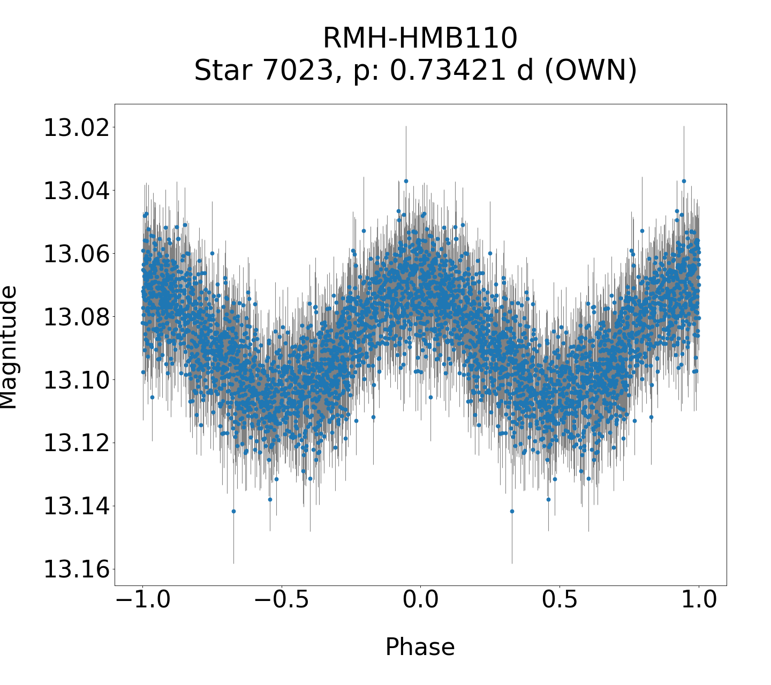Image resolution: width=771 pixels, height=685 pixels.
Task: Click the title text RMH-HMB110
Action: (420, 39)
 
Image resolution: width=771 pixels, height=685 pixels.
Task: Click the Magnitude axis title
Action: (9, 347)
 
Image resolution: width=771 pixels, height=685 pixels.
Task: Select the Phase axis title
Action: (420, 647)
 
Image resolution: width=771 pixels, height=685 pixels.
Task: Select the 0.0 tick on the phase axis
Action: (420, 600)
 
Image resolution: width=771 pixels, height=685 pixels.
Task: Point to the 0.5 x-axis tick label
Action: (560, 600)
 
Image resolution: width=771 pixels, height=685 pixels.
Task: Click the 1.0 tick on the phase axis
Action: (699, 600)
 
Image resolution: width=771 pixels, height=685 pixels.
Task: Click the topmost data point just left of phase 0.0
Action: (406, 181)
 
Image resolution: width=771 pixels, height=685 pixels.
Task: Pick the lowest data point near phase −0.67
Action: (233, 511)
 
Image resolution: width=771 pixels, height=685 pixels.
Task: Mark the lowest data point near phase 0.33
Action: (512, 511)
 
